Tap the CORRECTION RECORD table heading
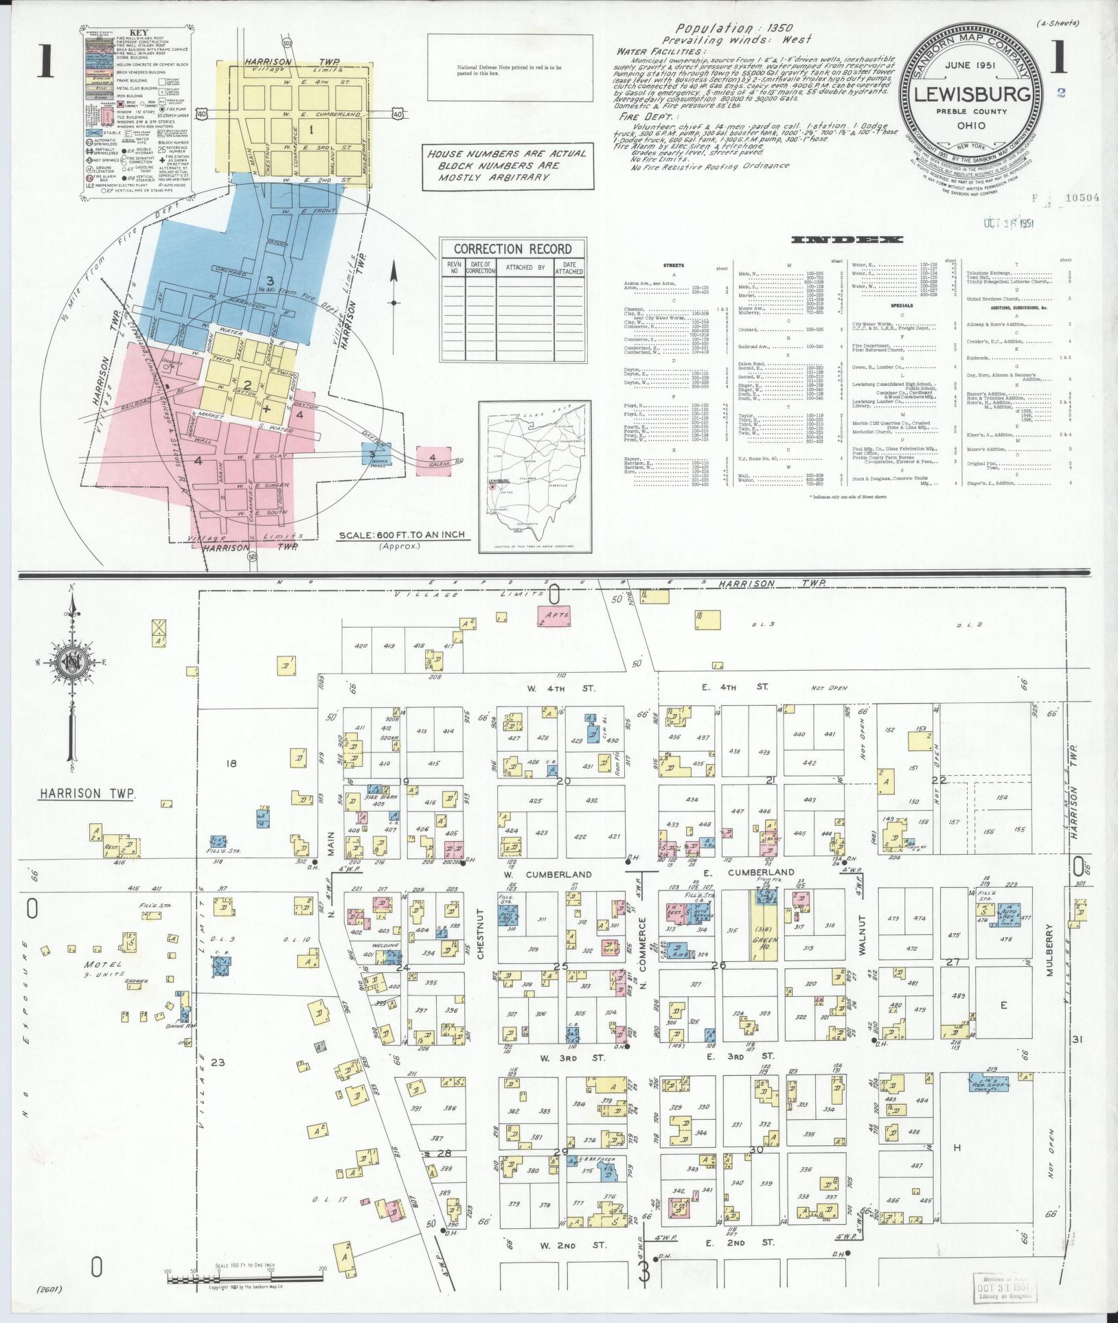512,249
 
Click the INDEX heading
847,240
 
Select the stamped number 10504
1081,198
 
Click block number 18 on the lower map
231,763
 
